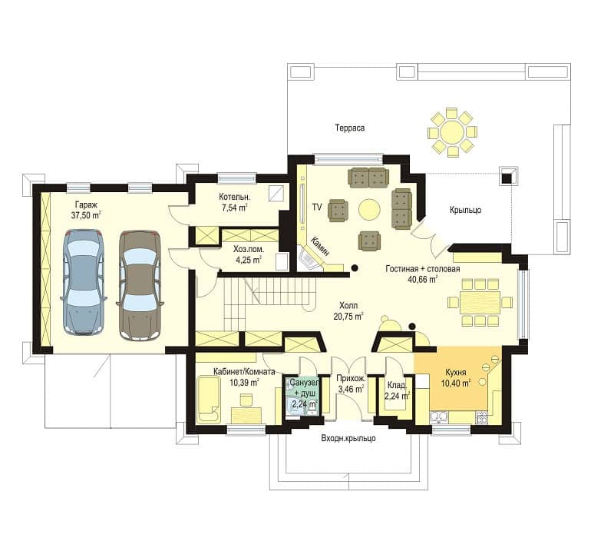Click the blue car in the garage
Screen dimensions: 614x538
(x=84, y=282)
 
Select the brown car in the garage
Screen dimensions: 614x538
(x=140, y=285)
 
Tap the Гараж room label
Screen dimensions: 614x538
(x=86, y=204)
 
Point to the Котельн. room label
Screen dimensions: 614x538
(x=235, y=197)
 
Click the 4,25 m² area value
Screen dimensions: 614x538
(x=247, y=260)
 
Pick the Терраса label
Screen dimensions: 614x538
(x=350, y=128)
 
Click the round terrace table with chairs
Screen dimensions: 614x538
(x=452, y=132)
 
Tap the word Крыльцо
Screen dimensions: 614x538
(x=465, y=210)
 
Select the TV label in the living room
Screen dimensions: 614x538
(x=317, y=207)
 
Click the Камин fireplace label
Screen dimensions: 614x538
(x=321, y=246)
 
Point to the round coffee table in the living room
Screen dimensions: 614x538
(x=369, y=209)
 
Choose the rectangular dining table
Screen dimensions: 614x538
(x=480, y=302)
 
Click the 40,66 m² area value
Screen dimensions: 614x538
(x=423, y=280)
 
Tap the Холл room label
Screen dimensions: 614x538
(x=348, y=305)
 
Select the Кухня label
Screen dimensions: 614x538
(x=456, y=373)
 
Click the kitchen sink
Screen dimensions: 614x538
(x=439, y=417)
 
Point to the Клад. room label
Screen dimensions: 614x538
(x=397, y=386)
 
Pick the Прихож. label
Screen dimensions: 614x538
(x=352, y=379)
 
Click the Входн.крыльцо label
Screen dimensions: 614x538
(x=348, y=438)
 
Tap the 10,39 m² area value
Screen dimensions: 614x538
(x=244, y=383)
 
